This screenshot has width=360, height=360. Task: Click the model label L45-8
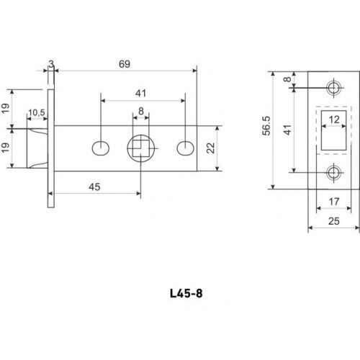coord(186,293)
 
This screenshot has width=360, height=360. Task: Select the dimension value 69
coord(125,64)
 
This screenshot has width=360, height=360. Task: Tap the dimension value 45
coord(94,186)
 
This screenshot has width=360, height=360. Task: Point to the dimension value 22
coord(211,148)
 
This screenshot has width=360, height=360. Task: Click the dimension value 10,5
coord(37,112)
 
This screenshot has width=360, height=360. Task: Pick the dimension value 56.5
coord(266,126)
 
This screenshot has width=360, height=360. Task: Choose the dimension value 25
coord(333,221)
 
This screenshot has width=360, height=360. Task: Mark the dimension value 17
coord(334,202)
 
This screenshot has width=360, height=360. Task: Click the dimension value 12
coord(334,120)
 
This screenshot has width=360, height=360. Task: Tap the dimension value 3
coord(51,64)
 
